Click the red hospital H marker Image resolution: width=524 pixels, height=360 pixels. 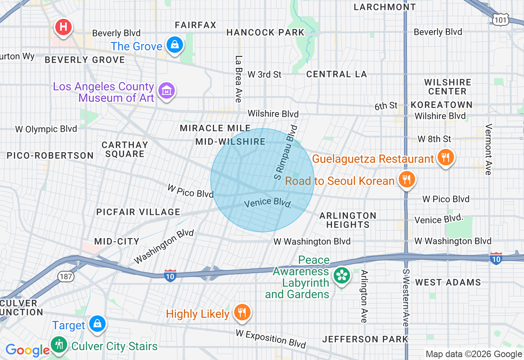[63, 28]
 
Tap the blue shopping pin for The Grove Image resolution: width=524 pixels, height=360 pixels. [175, 45]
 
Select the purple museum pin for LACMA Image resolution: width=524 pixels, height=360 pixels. [167, 91]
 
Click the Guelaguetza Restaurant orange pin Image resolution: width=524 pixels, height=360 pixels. [445, 157]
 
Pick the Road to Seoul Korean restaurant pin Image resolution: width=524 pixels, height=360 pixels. [406, 179]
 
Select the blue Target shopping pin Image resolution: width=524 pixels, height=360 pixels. [97, 324]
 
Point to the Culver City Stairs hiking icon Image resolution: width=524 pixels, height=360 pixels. [60, 344]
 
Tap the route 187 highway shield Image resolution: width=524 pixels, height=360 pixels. [65, 277]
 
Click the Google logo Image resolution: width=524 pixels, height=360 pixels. [27, 350]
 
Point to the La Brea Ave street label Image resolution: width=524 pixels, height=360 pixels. [238, 79]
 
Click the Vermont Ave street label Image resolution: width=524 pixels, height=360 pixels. [488, 149]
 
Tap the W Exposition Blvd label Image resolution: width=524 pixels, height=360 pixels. [271, 338]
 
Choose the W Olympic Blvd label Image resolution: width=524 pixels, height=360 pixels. [46, 129]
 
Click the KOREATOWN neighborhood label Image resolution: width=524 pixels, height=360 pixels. [441, 105]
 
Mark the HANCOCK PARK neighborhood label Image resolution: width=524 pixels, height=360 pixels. [265, 32]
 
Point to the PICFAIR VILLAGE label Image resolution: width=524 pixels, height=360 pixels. [138, 212]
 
